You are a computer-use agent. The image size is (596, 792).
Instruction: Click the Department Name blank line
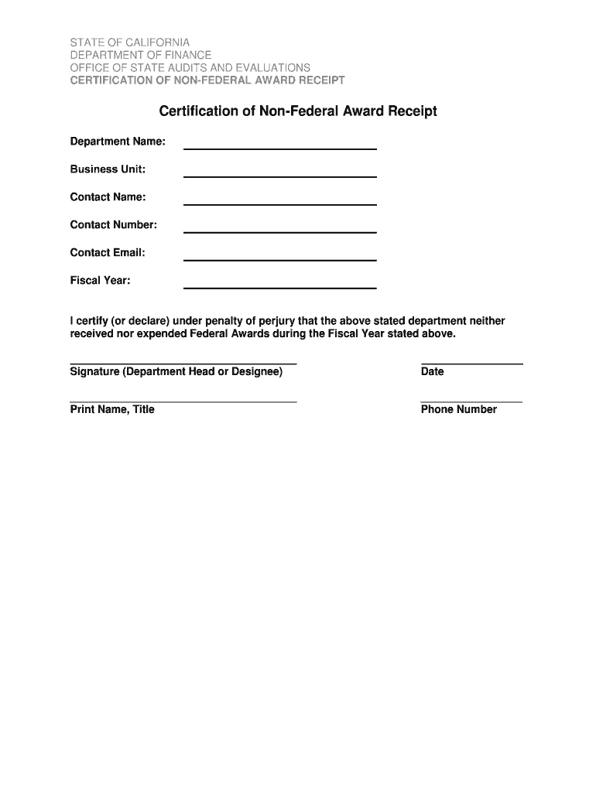tap(279, 148)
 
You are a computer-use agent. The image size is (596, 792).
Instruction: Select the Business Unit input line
tap(279, 176)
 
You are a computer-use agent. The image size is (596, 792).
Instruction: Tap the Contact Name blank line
tap(279, 203)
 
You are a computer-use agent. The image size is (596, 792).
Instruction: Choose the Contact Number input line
tap(279, 231)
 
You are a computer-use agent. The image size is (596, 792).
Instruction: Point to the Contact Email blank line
tap(279, 259)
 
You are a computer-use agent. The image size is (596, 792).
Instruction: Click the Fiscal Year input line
tap(279, 287)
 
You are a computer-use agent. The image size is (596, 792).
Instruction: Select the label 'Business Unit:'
tap(108, 169)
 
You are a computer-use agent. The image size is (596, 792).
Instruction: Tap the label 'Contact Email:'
tap(108, 253)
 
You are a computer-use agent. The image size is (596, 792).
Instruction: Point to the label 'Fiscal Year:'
tap(101, 281)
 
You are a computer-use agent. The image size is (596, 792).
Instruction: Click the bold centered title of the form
tap(298, 111)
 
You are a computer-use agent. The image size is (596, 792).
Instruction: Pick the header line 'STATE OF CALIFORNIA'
tap(130, 42)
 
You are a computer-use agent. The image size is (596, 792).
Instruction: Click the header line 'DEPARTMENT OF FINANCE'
tap(141, 55)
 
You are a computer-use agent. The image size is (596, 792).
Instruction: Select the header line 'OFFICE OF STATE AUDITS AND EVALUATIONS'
tap(190, 68)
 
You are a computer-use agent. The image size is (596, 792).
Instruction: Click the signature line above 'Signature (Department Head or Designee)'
tap(183, 363)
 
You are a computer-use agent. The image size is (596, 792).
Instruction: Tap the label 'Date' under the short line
tap(433, 372)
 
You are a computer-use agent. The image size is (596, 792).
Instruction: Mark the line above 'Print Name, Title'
tap(183, 401)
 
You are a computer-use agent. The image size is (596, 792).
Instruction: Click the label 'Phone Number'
tap(459, 410)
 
